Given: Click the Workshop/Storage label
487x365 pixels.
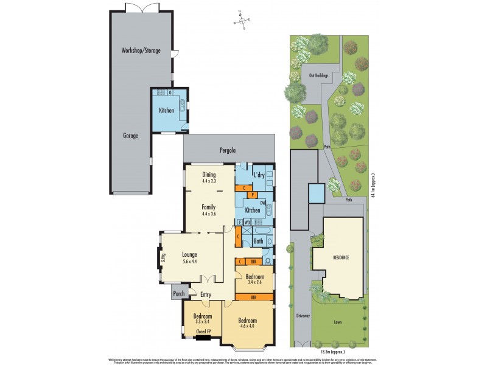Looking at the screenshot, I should tap(141, 50).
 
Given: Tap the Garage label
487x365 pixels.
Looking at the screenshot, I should tap(130, 136).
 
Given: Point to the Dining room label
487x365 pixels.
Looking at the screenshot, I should tap(209, 175).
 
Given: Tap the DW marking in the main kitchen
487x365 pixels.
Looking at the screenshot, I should tap(263, 203).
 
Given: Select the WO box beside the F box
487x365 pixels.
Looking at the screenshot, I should tap(248, 222).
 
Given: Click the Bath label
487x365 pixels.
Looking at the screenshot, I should tap(258, 240).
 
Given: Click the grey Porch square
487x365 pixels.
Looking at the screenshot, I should tap(178, 293).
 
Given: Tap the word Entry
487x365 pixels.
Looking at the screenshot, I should tap(206, 295).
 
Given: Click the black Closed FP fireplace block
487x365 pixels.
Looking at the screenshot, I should tap(203, 336).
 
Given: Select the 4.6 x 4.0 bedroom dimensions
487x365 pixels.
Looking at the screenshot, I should tap(247, 327).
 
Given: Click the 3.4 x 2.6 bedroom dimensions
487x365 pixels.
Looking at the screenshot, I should tap(255, 282).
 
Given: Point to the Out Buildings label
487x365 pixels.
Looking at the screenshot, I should tap(318, 75).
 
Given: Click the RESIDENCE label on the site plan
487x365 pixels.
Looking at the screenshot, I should tap(341, 258).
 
